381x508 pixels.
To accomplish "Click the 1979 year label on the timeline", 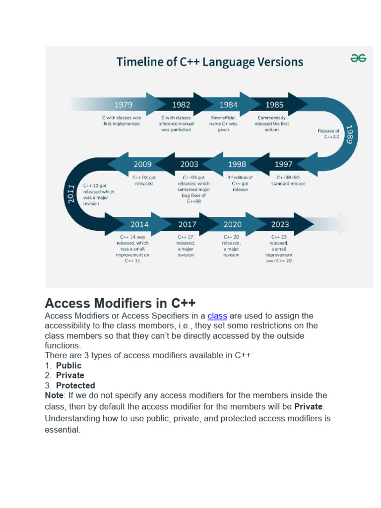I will click(124, 105).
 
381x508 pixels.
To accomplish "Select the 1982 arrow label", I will click(181, 105).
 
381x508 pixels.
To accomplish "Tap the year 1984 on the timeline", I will click(228, 105).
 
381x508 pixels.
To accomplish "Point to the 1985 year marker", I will click(274, 105).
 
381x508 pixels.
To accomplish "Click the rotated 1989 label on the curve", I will click(349, 133).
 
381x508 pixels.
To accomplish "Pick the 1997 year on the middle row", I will click(283, 164).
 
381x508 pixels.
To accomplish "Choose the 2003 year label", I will click(189, 164).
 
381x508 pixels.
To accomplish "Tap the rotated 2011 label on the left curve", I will click(70, 194).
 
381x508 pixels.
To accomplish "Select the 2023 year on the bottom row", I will click(280, 224).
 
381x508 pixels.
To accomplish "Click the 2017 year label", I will click(187, 224).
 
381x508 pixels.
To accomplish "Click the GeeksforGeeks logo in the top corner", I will click(358, 58).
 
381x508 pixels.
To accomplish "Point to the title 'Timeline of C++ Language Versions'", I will click(209, 62).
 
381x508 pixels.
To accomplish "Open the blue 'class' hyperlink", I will click(217, 316).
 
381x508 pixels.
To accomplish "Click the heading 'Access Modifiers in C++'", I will click(120, 303).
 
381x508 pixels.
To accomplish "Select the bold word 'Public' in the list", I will click(68, 366).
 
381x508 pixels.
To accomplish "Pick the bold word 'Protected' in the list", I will click(75, 385).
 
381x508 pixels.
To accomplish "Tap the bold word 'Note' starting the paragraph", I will click(54, 395).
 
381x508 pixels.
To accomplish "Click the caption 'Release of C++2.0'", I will click(328, 133).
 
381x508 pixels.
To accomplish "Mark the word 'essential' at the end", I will click(62, 430).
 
